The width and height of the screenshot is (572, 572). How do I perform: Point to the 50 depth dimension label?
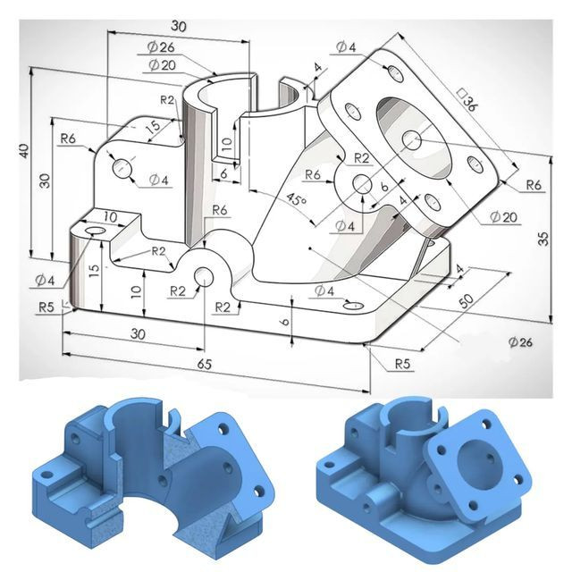coord(467,299)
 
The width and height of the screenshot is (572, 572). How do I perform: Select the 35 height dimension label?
coord(543,238)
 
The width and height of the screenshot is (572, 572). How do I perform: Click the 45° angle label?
coord(294,200)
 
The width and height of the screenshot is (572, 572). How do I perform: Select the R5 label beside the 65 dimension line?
coord(390,364)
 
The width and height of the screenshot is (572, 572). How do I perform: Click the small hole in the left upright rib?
coord(122,167)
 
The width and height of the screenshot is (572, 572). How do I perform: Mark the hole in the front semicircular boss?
coord(205,275)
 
